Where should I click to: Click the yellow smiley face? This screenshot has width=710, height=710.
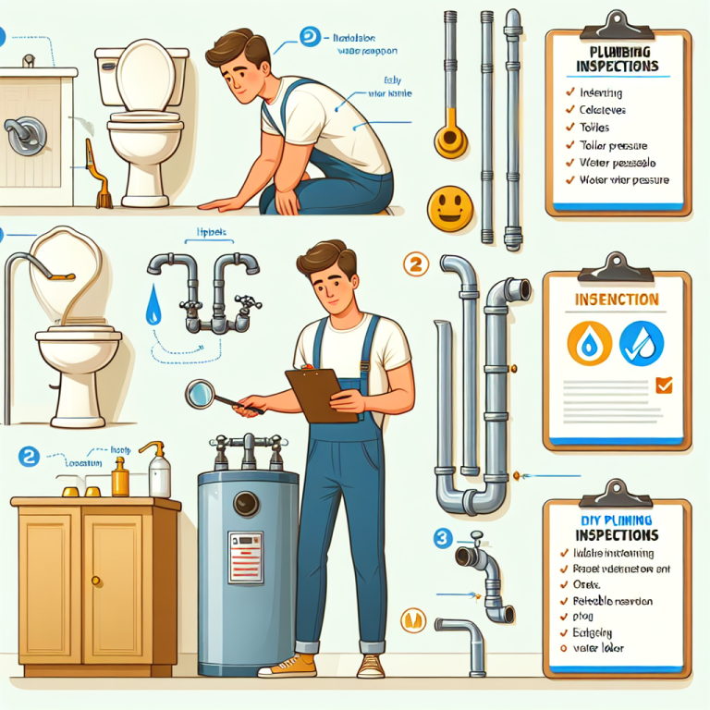click(x=448, y=206)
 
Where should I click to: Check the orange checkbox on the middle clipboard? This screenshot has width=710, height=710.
click(x=664, y=386)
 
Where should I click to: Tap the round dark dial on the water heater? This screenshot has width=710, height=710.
click(x=247, y=504)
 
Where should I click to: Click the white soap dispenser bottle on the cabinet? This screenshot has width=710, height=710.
click(x=159, y=472)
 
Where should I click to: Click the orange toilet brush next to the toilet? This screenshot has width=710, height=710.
click(x=97, y=176)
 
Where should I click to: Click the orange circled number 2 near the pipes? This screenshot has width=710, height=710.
click(x=416, y=265)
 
